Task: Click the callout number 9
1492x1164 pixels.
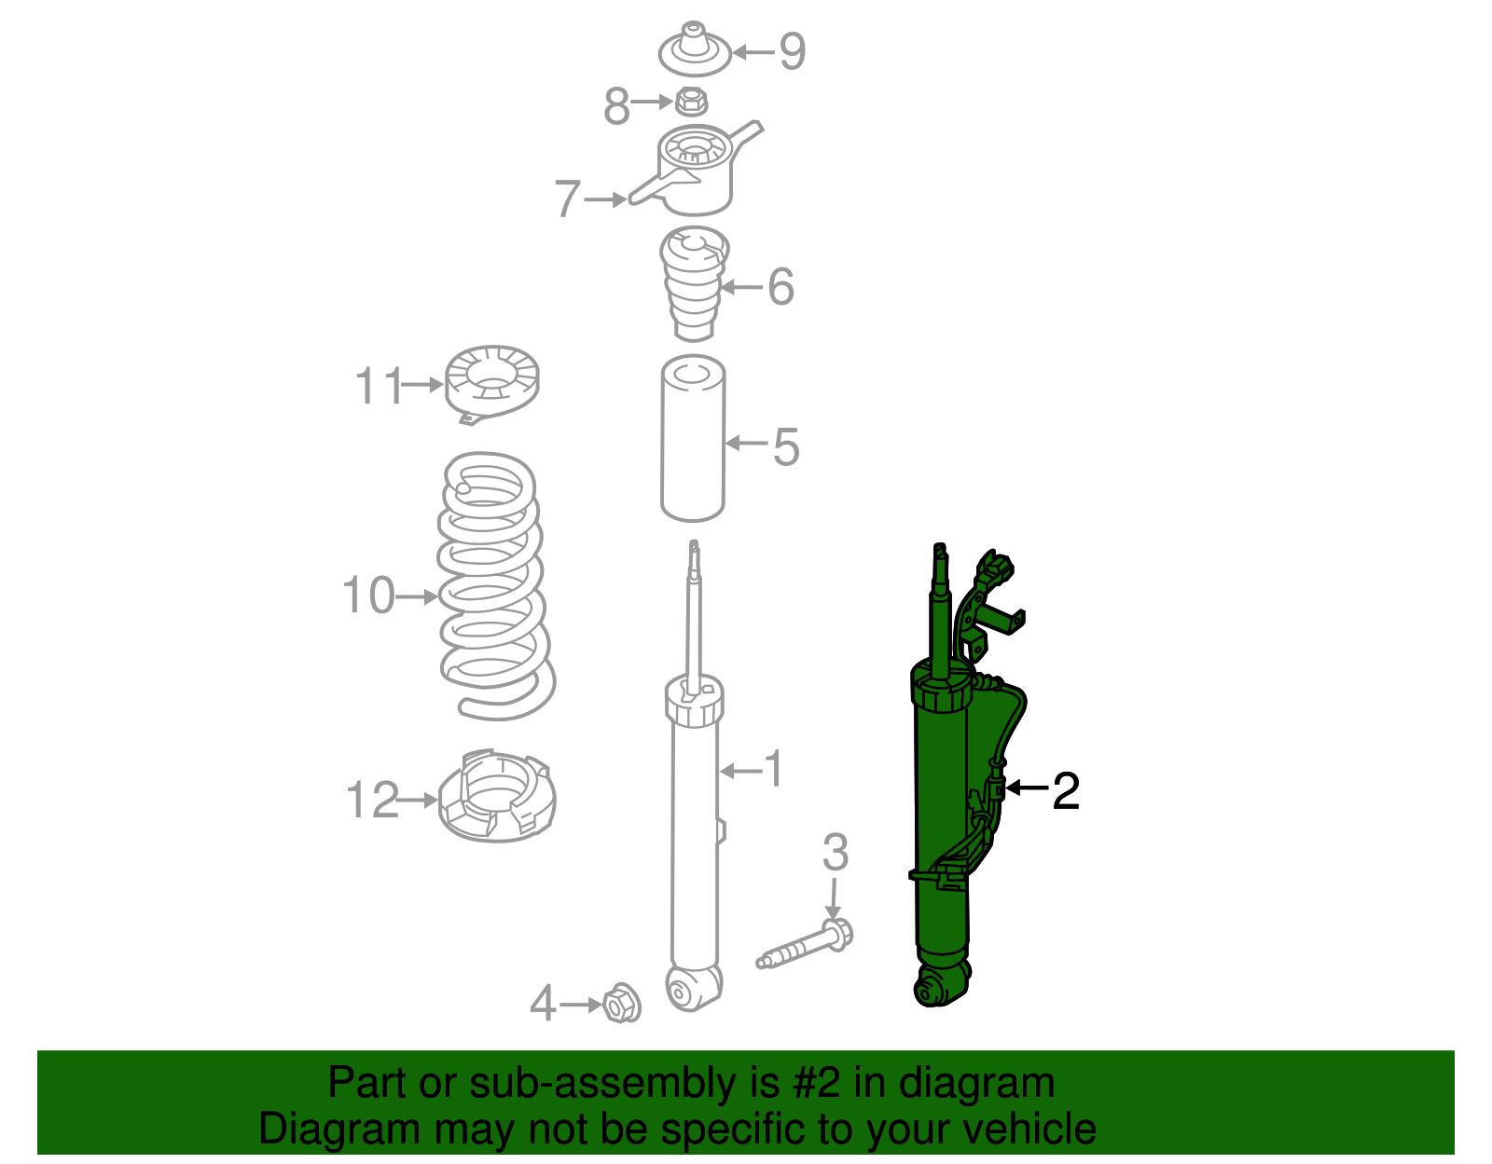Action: point(792,51)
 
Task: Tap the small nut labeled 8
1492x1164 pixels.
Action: point(690,100)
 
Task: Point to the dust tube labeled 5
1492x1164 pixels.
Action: point(693,440)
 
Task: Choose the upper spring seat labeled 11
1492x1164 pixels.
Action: point(492,381)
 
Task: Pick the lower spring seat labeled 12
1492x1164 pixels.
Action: point(497,797)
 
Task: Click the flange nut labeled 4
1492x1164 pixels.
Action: point(620,1004)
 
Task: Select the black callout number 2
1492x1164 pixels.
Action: point(1065,790)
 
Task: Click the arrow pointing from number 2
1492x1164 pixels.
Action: point(1028,788)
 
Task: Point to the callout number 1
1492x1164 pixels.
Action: point(773,770)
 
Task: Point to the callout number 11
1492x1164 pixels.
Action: point(379,386)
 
